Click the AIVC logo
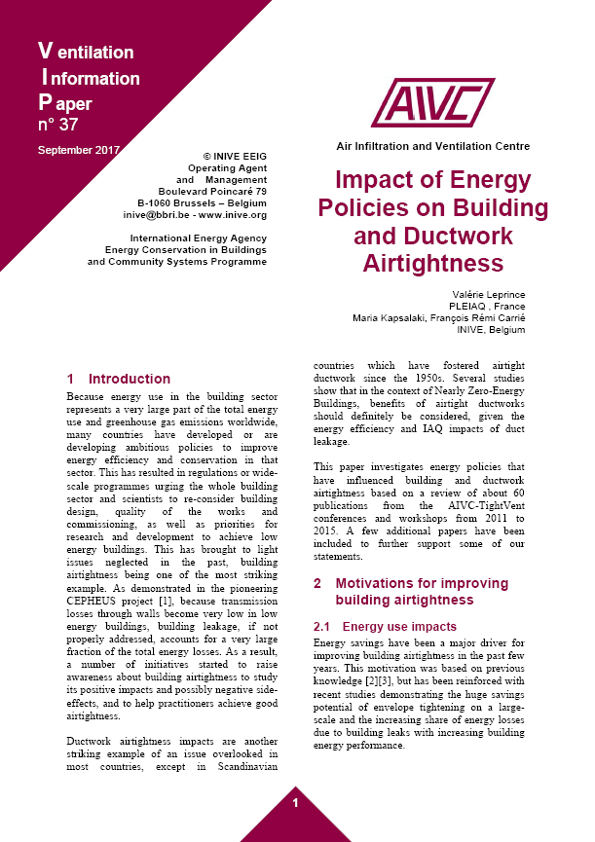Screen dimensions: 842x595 432,103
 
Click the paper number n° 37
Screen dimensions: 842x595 57,125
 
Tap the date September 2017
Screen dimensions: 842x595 78,150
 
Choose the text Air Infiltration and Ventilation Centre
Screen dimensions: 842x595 432,146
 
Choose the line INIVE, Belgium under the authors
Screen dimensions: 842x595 492,331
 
